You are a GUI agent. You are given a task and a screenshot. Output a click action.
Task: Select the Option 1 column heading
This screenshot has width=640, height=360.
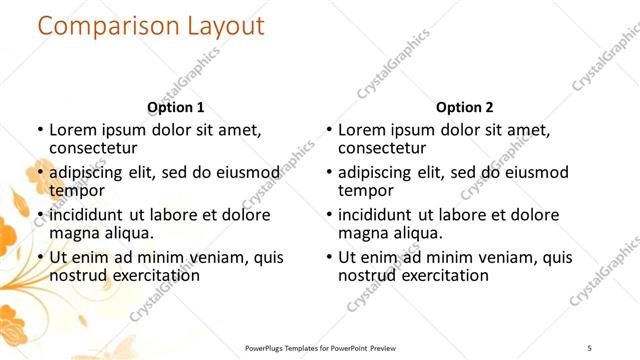[176, 107]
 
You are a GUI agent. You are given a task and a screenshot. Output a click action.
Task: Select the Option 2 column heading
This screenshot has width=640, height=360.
[465, 107]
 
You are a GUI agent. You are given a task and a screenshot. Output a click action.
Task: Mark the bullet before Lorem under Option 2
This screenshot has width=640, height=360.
[329, 130]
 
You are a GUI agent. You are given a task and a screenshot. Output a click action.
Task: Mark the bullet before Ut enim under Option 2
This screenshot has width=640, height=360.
[329, 258]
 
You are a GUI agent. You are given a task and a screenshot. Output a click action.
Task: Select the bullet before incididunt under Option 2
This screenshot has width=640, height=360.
[329, 215]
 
